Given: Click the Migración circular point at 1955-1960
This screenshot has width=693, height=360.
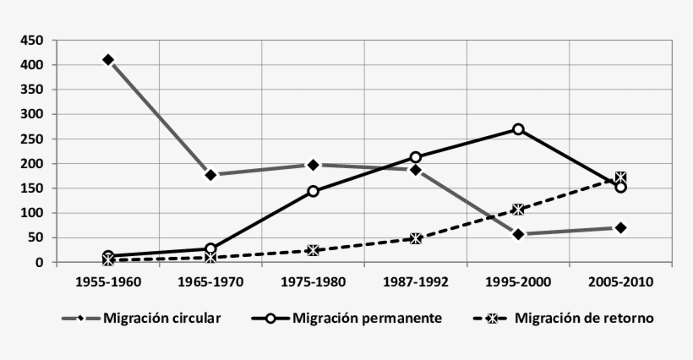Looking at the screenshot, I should pos(108,60).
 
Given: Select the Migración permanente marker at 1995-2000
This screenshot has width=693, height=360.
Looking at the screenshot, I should pos(518,129).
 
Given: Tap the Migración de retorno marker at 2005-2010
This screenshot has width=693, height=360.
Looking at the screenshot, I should pos(621,177).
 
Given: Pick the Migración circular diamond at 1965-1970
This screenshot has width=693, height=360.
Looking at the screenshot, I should pos(210,175).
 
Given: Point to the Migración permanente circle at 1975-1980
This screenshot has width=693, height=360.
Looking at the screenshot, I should pos(314,191).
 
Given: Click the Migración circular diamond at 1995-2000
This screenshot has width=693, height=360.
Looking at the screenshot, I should pos(518,234).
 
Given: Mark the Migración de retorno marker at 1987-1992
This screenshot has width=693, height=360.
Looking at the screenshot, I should pos(416,239).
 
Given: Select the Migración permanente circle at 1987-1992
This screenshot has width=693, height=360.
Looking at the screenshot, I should pos(416,157).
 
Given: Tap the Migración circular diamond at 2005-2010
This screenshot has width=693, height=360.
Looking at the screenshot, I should pos(621,227).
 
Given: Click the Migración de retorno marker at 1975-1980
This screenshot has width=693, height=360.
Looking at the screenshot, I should pos(314,250).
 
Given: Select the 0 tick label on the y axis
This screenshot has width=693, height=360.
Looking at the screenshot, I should pos(39,263).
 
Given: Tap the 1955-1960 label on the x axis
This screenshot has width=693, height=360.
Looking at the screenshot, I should pos(108,281).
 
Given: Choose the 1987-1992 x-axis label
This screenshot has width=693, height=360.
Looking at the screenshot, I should pos(416,281).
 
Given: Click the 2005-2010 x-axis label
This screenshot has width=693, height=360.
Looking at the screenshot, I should pos(621,281).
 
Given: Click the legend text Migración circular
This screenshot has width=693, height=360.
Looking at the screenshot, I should pos(162,319).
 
